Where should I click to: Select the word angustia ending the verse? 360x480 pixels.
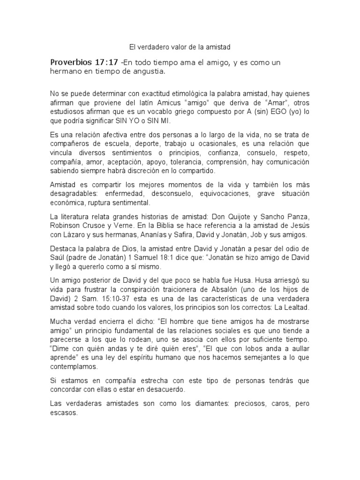[x=150, y=72]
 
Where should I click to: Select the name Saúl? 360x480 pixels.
[x=57, y=257]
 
